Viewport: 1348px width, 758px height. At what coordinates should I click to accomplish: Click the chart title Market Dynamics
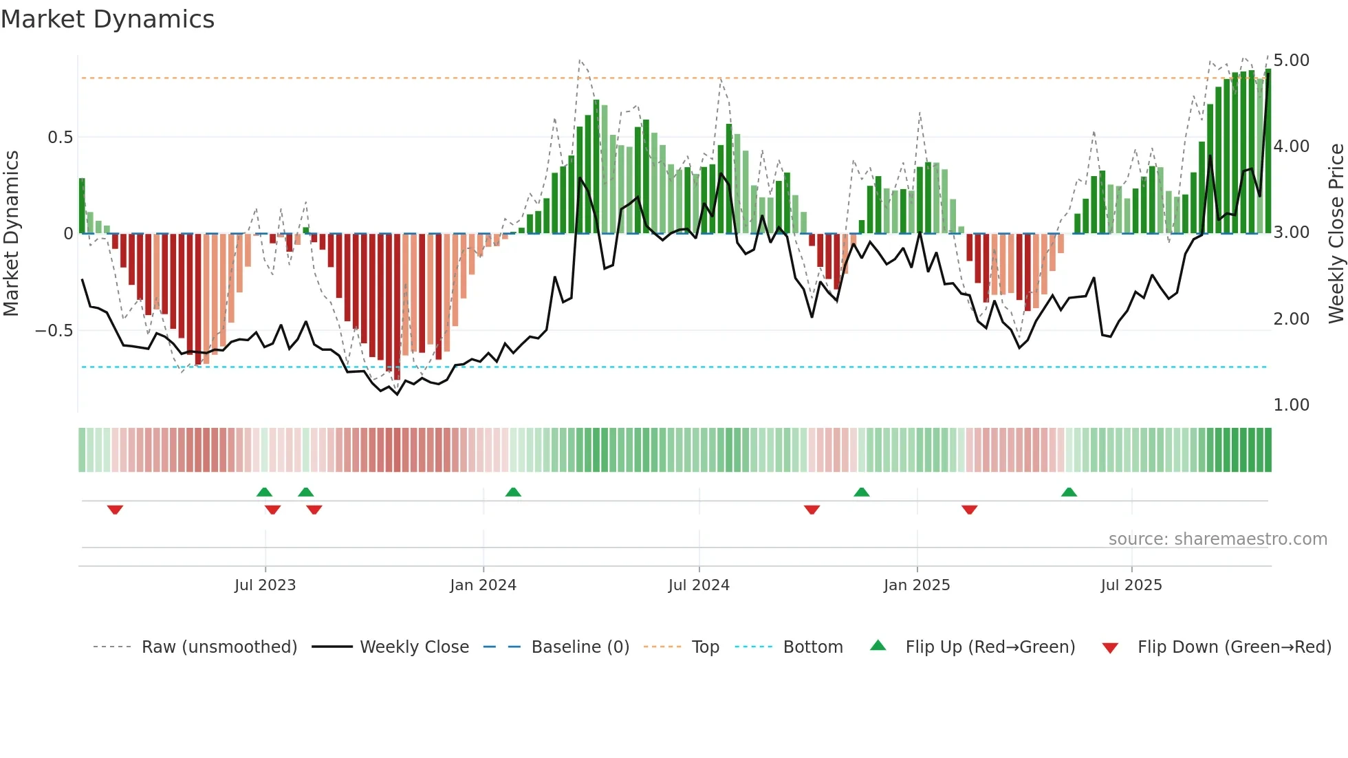107,19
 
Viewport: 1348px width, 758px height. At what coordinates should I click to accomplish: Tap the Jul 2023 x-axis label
265,585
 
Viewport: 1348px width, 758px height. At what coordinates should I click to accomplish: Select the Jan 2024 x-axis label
483,585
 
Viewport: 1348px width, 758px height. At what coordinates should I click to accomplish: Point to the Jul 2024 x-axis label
699,585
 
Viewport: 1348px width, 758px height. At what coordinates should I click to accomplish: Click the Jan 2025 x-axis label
917,585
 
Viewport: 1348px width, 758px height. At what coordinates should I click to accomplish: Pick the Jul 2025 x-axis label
1131,585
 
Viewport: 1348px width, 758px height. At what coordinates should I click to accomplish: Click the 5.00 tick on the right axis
1291,61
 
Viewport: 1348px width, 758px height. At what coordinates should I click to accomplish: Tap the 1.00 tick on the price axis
1291,405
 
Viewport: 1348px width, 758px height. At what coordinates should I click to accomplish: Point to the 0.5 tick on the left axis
60,138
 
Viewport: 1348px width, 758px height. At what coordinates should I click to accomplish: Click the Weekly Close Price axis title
1336,234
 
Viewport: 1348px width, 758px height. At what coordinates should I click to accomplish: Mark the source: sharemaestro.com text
1217,539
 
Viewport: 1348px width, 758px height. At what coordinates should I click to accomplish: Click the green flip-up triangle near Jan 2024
513,492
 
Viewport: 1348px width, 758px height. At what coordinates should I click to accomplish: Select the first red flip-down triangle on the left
115,510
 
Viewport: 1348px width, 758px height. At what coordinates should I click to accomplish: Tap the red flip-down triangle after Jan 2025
969,510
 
